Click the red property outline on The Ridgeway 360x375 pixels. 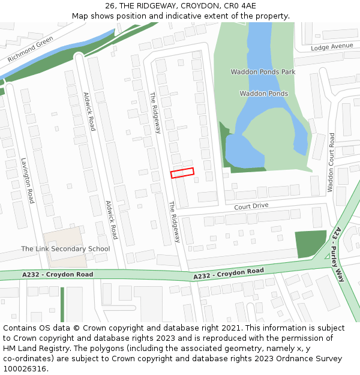[x=182, y=173]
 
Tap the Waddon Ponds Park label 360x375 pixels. [x=263, y=72]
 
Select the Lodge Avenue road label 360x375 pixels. [x=332, y=47]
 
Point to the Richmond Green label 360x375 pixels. [x=31, y=50]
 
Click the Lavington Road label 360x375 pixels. [x=28, y=180]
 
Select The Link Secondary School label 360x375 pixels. [x=65, y=248]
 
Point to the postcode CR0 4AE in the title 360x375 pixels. [x=242, y=5]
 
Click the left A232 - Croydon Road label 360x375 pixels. [x=58, y=274]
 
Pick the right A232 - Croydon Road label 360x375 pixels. [x=228, y=274]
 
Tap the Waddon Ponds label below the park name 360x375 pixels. [x=263, y=94]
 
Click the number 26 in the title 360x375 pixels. [x=110, y=5]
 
